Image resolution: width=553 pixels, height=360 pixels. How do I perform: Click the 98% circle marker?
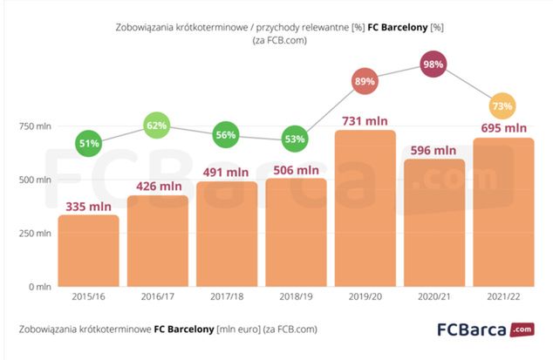(434, 65)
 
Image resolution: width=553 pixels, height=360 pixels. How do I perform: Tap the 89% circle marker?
(365, 82)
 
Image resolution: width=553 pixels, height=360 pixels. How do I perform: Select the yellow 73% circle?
(503, 106)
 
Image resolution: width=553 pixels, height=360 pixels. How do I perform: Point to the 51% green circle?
(89, 143)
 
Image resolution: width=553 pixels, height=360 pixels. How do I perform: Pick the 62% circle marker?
(158, 126)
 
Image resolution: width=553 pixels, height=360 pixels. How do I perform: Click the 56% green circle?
(227, 135)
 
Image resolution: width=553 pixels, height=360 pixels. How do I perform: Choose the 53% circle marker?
(296, 139)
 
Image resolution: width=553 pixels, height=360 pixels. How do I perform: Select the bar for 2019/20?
(365, 209)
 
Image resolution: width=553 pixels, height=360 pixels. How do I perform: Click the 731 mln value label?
(365, 120)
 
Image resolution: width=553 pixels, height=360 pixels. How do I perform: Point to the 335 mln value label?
(89, 205)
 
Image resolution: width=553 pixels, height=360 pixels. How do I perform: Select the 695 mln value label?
(503, 128)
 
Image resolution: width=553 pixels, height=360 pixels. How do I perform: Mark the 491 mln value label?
(227, 172)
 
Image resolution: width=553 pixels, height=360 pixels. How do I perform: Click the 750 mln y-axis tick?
(38, 127)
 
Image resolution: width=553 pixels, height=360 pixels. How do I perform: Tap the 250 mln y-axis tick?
(38, 233)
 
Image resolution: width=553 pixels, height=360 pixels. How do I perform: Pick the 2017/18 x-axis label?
(227, 298)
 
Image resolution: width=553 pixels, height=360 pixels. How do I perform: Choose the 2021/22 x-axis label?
(503, 298)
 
